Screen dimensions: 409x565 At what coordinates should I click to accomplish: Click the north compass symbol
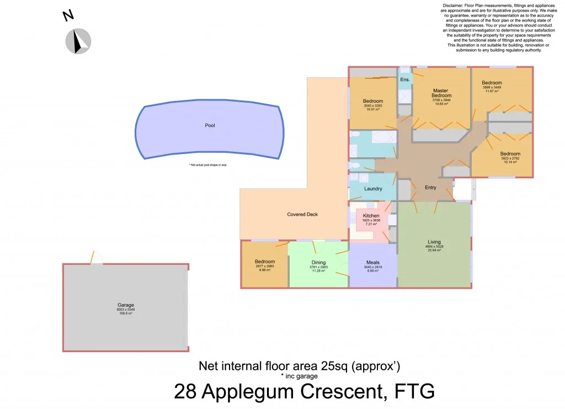pos(78,41)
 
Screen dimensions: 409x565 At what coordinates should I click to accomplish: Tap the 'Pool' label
pos(210,125)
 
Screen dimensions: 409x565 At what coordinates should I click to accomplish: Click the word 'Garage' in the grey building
pos(126,305)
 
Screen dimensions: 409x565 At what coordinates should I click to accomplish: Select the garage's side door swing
pos(97,258)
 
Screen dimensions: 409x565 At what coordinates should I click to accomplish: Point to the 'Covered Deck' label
pos(302,214)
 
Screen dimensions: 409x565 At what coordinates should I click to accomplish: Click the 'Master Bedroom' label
pos(441,93)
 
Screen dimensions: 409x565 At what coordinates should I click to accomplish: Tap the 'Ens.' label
pos(405,80)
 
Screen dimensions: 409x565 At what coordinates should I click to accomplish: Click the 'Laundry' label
pos(373,189)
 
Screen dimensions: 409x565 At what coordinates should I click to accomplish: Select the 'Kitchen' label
pos(371,215)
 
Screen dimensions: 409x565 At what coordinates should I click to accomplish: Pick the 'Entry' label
pos(430,188)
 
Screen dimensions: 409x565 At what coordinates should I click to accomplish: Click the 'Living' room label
pos(434,242)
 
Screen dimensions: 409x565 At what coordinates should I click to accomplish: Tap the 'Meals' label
pos(372,263)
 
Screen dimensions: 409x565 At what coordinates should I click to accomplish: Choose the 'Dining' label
pos(318,263)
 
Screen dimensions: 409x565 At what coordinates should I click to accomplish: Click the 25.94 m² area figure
pos(434,251)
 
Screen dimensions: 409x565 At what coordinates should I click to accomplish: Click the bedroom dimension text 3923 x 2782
pos(510,158)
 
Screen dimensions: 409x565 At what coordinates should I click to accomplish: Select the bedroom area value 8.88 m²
pos(264,270)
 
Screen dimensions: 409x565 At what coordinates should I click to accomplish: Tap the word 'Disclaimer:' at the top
pos(454,6)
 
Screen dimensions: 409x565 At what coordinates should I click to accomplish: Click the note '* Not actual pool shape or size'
pos(207,165)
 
